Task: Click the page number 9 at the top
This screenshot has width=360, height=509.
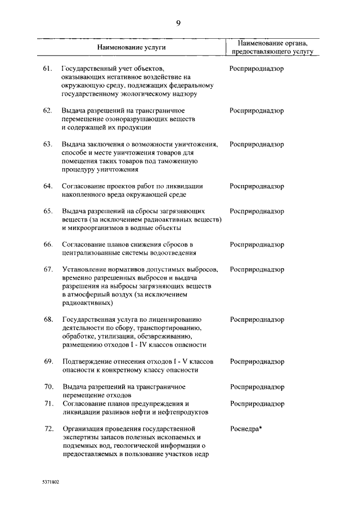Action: pos(178,23)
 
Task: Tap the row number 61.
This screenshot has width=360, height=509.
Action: pos(48,69)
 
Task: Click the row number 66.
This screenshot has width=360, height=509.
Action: pos(48,245)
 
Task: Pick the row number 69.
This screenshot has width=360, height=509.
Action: pos(48,362)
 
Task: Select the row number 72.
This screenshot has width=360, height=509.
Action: pos(48,429)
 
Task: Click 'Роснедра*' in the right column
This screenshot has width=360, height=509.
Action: pos(246,429)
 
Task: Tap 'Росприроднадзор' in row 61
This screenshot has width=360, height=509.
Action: pos(256,69)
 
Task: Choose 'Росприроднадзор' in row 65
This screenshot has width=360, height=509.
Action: pos(256,211)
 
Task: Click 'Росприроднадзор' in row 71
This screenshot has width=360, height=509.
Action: pos(256,404)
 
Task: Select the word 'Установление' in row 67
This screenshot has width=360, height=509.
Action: pos(83,269)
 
